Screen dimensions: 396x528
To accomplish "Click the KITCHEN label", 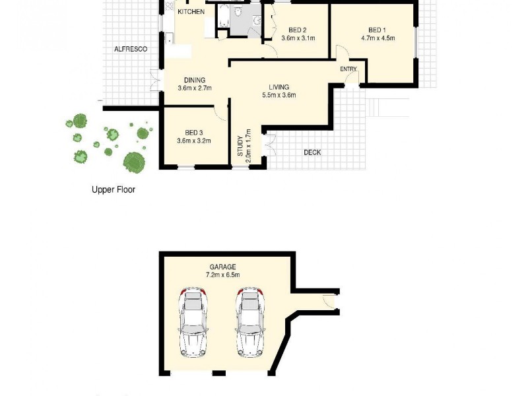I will tap(191, 12).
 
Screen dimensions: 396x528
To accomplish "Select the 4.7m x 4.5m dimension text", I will tap(378, 38).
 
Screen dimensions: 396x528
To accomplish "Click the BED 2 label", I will tap(298, 30).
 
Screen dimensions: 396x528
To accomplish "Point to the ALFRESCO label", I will tap(131, 49).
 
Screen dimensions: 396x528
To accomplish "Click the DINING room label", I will tap(194, 80).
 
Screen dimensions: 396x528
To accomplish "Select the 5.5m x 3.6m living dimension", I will tap(279, 95).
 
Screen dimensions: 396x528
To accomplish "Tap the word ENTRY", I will tap(348, 69).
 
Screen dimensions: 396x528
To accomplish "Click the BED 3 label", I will tap(194, 131).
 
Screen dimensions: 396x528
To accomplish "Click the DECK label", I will tap(312, 152).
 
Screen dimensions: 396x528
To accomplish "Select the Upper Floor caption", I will tap(114, 189).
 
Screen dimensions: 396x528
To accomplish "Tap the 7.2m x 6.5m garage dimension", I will tap(222, 275).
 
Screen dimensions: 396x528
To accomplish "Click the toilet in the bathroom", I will tap(257, 21).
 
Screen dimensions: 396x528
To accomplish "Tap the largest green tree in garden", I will tap(135, 161).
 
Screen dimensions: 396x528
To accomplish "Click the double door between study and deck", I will tap(268, 144).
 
